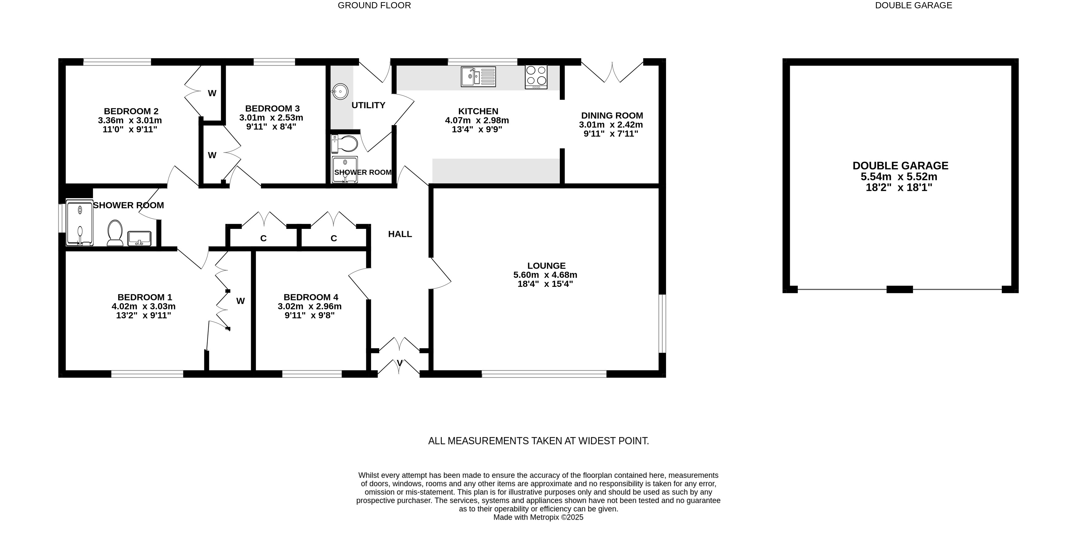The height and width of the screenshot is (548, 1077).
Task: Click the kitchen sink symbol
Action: coord(478,77)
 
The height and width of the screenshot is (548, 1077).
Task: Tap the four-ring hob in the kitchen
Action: coord(536,77)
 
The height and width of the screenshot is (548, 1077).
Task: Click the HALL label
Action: coord(400,234)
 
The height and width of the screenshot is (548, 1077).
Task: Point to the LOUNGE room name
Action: coord(546,266)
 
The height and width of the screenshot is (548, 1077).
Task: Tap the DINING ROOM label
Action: coord(612,115)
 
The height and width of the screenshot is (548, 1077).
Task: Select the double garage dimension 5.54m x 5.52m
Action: coord(899,177)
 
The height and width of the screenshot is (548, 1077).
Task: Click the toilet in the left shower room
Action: coord(115,233)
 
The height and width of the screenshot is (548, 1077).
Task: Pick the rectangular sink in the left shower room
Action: coord(139,238)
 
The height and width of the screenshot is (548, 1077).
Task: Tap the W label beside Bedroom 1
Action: coord(240,301)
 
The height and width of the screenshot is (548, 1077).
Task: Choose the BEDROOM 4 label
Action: coord(311,297)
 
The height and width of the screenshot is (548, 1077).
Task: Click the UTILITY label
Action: coord(368,105)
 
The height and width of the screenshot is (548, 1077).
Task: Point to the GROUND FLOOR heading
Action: coord(374,6)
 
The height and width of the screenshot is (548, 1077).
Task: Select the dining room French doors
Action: coord(612,72)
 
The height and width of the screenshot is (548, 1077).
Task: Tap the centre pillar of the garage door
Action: coord(900,289)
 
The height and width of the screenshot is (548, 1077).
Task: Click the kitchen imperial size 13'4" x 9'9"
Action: coord(477,129)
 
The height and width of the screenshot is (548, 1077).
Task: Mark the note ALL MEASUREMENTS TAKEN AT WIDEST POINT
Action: coord(539,441)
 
